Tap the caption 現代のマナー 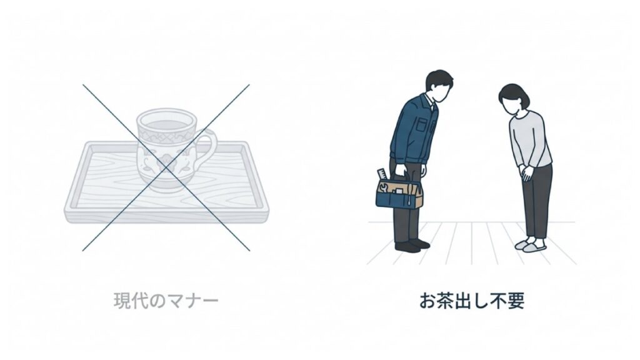pos(166,301)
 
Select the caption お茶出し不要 pos(472,301)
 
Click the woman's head pos(514,99)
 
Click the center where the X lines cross pos(166,167)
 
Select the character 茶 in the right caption pos(446,301)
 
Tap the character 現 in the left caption pos(122,301)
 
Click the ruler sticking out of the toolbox pos(380,175)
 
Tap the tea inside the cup pos(166,123)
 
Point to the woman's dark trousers pos(536,203)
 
